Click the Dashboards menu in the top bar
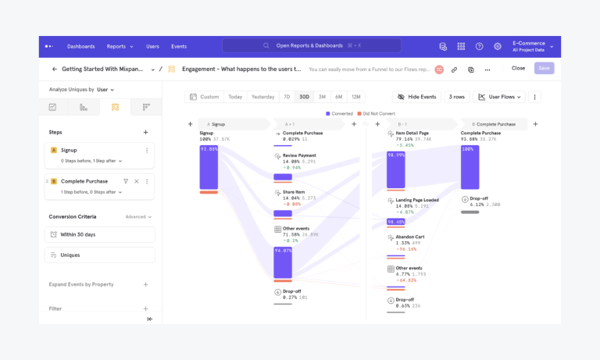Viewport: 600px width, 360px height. click(x=80, y=46)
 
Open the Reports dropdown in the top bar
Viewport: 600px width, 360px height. click(x=120, y=46)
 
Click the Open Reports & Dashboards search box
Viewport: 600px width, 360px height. click(x=311, y=46)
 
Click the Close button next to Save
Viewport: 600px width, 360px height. click(x=518, y=69)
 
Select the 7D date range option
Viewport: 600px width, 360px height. click(x=287, y=97)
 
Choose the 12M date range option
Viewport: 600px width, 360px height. click(x=355, y=97)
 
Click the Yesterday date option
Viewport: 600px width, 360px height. click(x=262, y=97)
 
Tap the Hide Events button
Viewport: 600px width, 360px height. click(x=416, y=97)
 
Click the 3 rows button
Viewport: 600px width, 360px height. click(x=456, y=97)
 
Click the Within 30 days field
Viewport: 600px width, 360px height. click(x=100, y=234)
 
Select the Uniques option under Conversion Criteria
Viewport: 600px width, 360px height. click(x=100, y=255)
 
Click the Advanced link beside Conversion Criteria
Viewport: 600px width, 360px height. click(x=138, y=216)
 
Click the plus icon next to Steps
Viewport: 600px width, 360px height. click(x=145, y=132)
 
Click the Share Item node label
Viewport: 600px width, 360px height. click(x=294, y=191)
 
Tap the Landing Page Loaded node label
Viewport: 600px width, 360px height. click(x=416, y=200)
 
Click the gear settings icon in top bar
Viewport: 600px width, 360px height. click(x=498, y=46)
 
